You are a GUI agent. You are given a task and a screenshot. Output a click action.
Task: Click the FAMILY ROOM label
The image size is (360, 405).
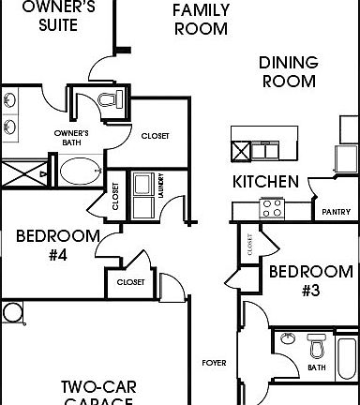[201, 19]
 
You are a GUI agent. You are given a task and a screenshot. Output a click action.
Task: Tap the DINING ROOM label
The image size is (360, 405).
[289, 71]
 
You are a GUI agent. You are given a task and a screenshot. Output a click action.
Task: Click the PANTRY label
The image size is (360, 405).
[335, 213]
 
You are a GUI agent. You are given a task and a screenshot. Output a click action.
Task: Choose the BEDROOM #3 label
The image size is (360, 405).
[311, 280]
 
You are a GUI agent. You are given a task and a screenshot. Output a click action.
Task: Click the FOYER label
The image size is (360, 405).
[213, 362]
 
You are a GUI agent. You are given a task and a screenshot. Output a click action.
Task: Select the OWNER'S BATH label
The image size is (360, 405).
[71, 137]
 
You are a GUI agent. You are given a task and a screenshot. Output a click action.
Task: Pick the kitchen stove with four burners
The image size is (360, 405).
[273, 208]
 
